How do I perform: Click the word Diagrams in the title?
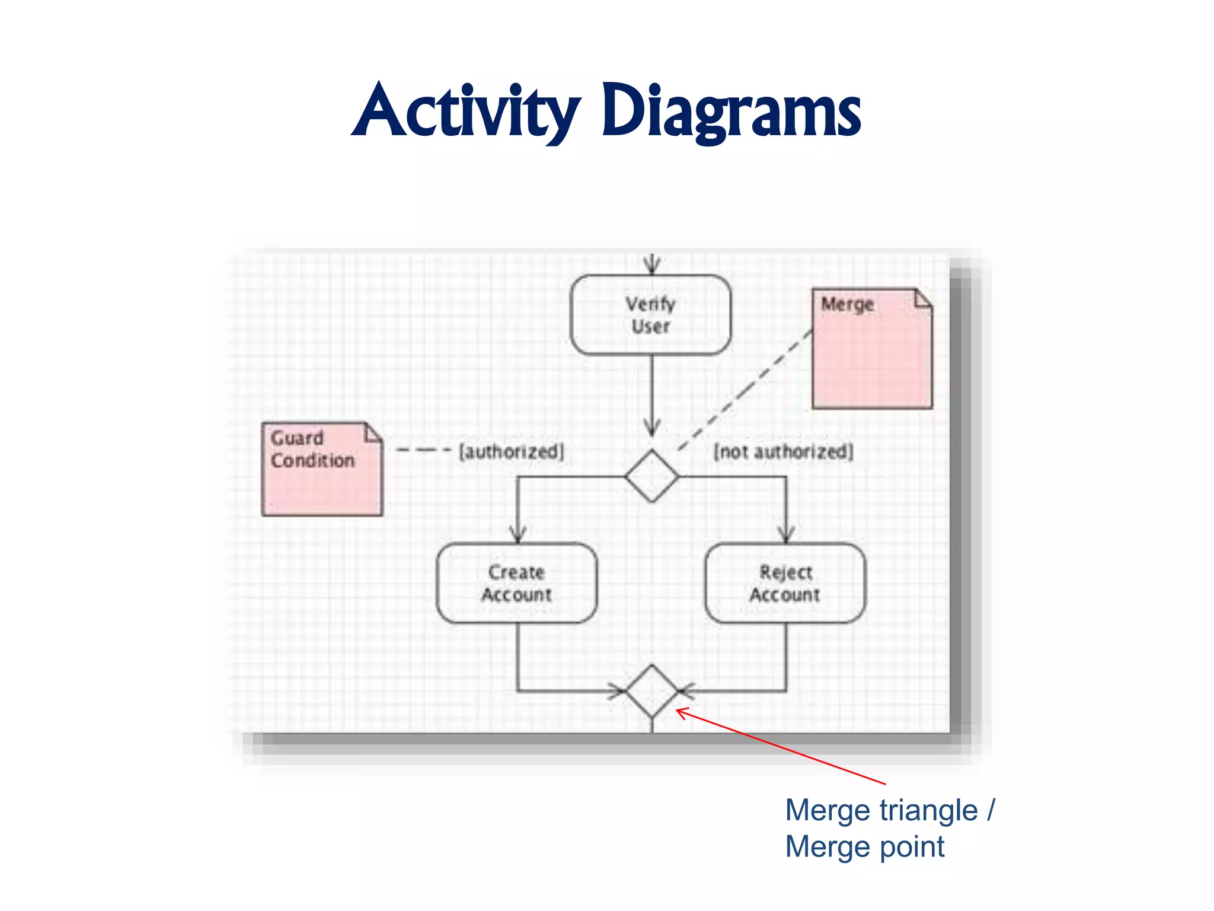[x=730, y=112]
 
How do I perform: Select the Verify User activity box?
[x=651, y=315]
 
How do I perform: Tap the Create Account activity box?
[x=516, y=584]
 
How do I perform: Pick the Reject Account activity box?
[x=785, y=584]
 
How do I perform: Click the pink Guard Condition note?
[x=322, y=469]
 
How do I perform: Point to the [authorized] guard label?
[x=512, y=452]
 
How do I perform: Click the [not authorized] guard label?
[x=784, y=452]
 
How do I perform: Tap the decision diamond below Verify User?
[x=652, y=476]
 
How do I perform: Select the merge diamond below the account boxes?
[x=652, y=691]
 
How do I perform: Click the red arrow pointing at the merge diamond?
[x=782, y=747]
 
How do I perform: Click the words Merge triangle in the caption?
[x=881, y=811]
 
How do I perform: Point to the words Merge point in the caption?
[x=864, y=847]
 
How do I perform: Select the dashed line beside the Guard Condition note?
[x=423, y=450]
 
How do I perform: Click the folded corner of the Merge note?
[x=923, y=298]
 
